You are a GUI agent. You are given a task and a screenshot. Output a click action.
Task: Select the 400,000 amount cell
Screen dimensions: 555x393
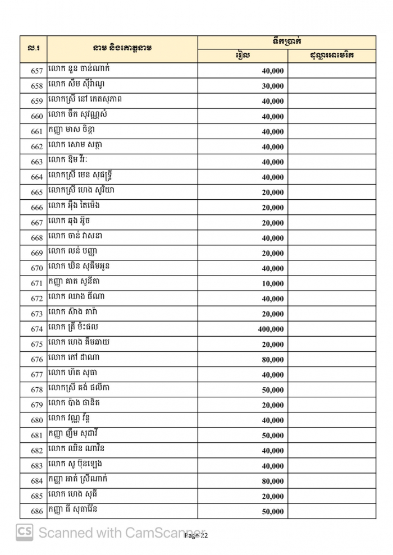pyautogui.click(x=271, y=329)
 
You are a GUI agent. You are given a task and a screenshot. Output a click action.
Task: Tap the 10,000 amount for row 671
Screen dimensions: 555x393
pyautogui.click(x=272, y=284)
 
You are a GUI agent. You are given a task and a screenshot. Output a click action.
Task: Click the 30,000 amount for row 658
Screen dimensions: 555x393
pyautogui.click(x=272, y=86)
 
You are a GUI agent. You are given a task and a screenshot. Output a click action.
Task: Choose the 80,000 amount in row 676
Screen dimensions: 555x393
pyautogui.click(x=272, y=360)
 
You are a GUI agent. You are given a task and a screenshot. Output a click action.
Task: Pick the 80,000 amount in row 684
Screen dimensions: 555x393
pyautogui.click(x=272, y=481)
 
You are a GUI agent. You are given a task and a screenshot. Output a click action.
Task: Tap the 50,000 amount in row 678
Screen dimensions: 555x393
pyautogui.click(x=272, y=390)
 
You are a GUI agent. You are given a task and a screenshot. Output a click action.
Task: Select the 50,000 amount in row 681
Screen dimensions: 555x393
pyautogui.click(x=272, y=435)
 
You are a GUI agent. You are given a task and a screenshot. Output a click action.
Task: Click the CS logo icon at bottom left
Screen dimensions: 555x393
pyautogui.click(x=24, y=532)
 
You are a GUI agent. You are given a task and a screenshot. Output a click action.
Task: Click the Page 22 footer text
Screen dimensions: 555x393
pyautogui.click(x=196, y=536)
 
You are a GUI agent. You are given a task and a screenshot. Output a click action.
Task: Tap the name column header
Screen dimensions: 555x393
pyautogui.click(x=122, y=48)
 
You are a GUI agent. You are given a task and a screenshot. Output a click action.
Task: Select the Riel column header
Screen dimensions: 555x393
pyautogui.click(x=243, y=56)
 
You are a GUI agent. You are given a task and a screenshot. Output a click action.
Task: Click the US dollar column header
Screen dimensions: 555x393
pyautogui.click(x=331, y=56)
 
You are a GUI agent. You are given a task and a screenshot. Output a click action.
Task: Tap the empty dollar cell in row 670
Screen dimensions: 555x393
pyautogui.click(x=331, y=268)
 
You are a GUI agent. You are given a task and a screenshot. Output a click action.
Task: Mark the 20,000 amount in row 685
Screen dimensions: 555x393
pyautogui.click(x=272, y=497)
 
